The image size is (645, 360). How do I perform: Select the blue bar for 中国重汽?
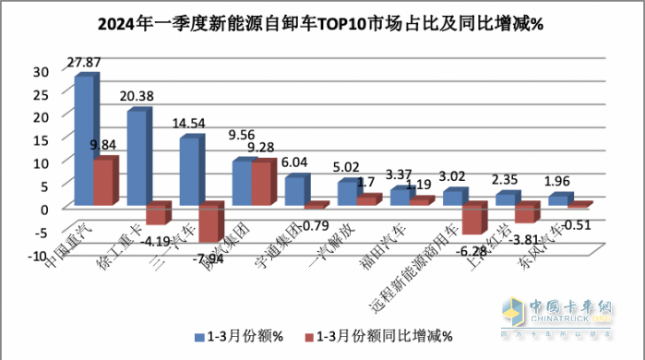point(83,138)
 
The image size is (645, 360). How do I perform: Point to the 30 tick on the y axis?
point(40,71)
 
